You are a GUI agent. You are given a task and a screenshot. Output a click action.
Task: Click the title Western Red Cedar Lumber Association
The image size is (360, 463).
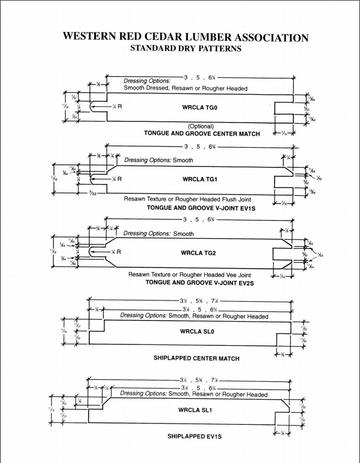[180, 33]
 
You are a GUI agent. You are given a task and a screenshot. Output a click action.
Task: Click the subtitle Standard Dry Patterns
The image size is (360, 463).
[180, 46]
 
